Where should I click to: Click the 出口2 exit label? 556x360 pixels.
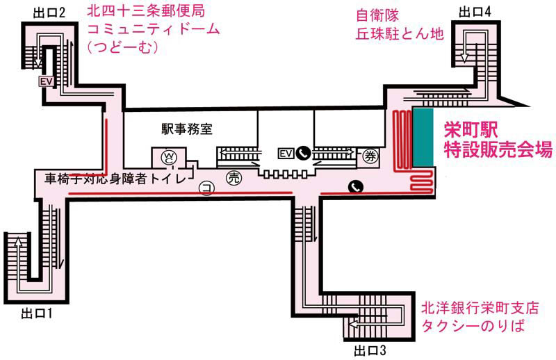point(49,13)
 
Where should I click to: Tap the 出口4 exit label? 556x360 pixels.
point(475,12)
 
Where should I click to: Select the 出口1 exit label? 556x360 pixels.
point(37,313)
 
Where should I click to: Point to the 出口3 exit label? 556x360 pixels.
point(370,351)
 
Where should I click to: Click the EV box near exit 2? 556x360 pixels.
point(47,81)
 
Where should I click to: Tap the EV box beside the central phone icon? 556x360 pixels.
point(286,154)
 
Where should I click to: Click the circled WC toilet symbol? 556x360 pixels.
point(169,158)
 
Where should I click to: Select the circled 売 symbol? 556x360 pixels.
point(234,178)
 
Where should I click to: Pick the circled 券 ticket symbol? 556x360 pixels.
point(370,156)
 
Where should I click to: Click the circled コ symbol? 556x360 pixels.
point(206,188)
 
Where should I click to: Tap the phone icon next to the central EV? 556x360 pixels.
point(304,153)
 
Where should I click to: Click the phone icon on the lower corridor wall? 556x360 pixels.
point(356,186)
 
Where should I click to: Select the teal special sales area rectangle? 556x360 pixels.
point(423,138)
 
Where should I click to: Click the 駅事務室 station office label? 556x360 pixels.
point(187,129)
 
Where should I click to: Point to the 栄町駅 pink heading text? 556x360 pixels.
point(471,130)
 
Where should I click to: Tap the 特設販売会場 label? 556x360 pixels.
point(498,149)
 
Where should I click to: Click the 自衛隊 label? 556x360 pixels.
point(377,15)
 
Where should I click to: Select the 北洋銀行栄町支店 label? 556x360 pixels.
point(480,308)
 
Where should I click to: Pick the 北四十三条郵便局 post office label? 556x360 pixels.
point(146,11)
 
